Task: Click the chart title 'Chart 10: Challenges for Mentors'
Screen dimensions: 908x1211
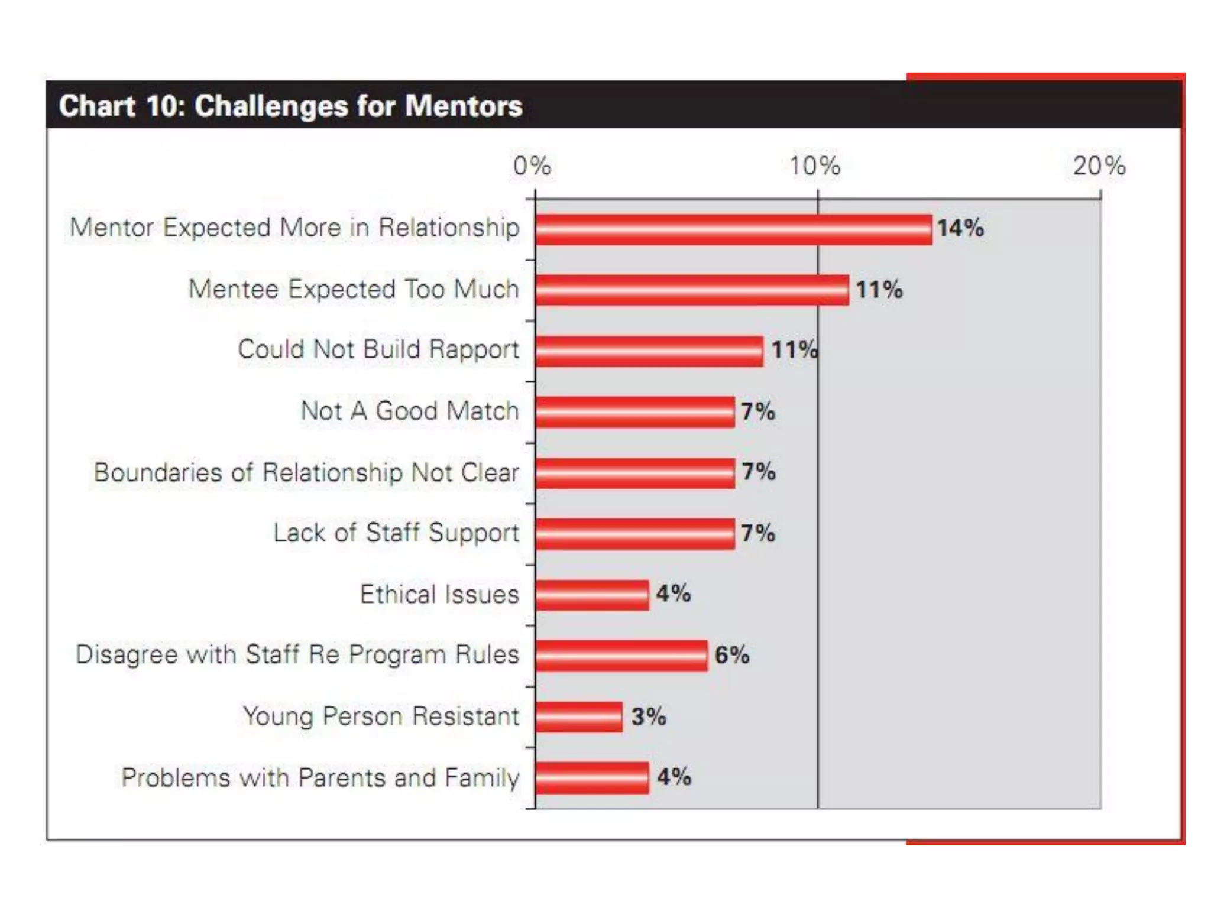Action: pos(290,106)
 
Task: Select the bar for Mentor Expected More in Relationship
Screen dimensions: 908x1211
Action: pos(733,229)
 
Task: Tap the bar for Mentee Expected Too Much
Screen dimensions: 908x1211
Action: pos(692,290)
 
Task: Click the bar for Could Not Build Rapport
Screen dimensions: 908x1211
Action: pos(649,352)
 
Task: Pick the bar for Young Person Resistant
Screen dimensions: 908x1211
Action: pos(579,717)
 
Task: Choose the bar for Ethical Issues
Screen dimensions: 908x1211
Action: pos(592,595)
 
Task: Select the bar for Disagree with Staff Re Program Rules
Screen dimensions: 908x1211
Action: pos(621,656)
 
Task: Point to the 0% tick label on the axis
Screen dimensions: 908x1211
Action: pos(532,166)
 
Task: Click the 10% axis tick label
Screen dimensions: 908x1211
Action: pos(815,166)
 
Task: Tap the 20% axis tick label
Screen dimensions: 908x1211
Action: pos(1099,166)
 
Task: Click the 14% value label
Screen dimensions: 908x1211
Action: pos(960,228)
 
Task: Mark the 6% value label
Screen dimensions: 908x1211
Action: pos(732,655)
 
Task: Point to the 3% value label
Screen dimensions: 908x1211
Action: pos(649,716)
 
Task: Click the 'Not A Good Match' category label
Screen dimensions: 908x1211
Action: pos(410,411)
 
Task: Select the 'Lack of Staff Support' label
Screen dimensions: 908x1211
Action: pos(396,533)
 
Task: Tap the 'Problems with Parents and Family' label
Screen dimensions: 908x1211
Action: pos(320,778)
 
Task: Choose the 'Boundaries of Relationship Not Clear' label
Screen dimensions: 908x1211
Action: pos(306,472)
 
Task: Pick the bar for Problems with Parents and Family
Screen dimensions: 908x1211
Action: pos(592,778)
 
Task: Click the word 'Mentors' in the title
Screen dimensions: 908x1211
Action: pos(464,106)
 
